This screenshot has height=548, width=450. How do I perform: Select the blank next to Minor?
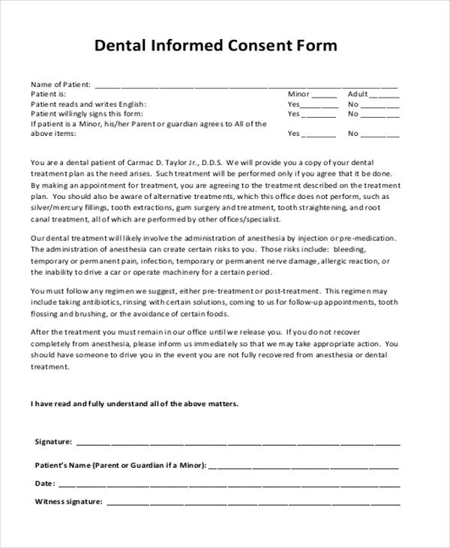[x=324, y=96]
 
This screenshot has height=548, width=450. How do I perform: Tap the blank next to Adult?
[x=384, y=96]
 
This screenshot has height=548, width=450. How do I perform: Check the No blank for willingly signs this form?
[x=382, y=116]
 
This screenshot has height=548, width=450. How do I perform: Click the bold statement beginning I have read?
[x=134, y=403]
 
